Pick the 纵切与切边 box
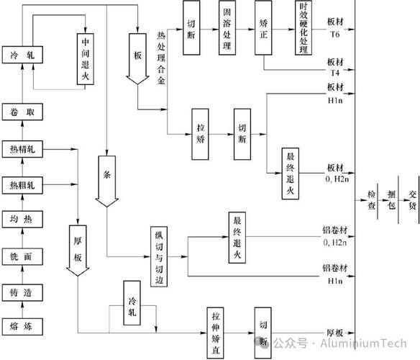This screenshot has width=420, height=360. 161,256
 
